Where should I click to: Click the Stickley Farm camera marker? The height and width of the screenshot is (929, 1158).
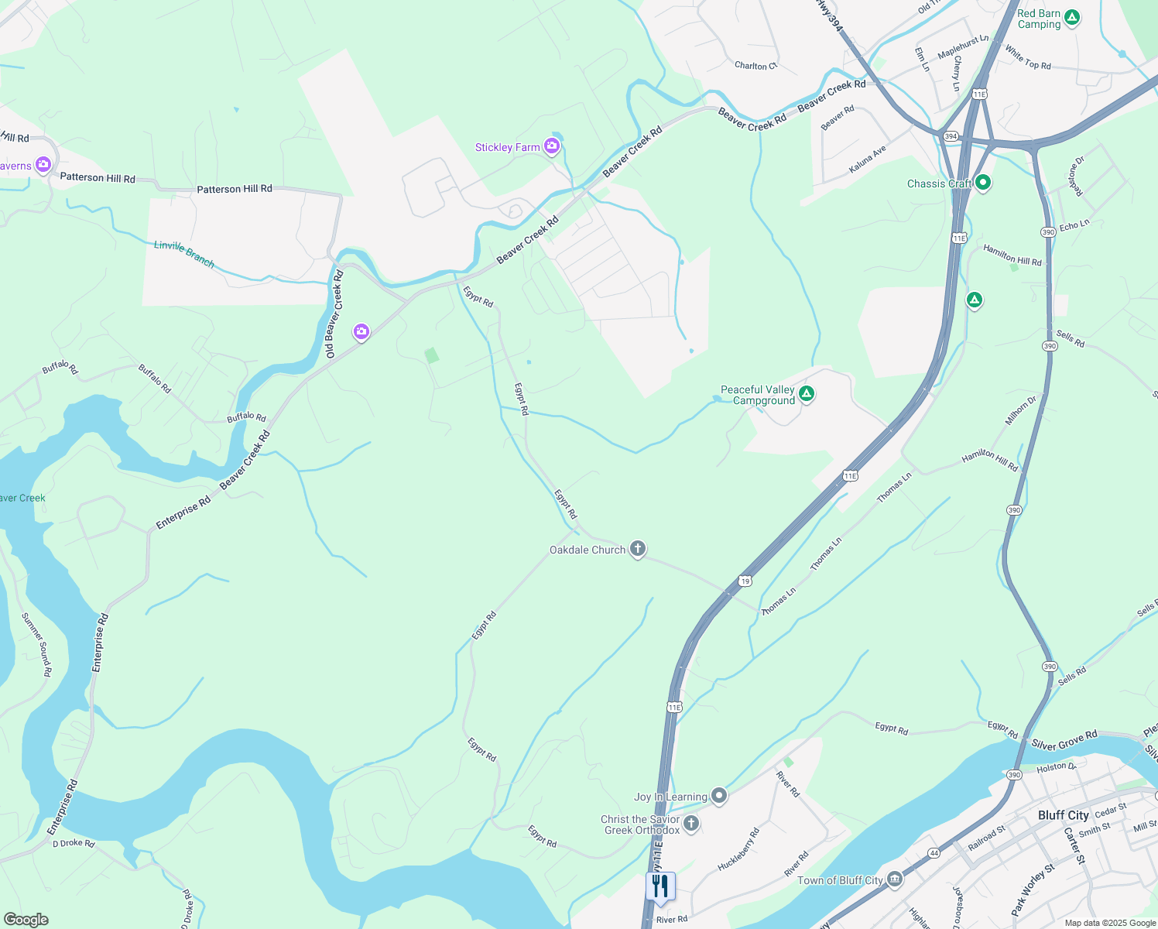point(552,146)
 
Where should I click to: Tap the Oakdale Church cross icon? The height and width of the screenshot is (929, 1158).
point(637,549)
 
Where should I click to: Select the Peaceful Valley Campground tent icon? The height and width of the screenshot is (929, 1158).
point(807,394)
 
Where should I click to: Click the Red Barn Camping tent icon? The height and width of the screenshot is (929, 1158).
point(1072,17)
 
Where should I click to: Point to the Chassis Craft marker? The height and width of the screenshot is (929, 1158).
point(983,183)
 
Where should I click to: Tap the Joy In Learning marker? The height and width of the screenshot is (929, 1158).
point(719,795)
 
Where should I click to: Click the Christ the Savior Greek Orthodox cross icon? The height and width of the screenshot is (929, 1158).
point(691,823)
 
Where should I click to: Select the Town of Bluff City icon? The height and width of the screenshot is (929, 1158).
point(895,879)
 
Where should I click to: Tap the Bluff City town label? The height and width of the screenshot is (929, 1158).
point(1063,815)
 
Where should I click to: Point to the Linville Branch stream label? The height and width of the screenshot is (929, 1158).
point(184,253)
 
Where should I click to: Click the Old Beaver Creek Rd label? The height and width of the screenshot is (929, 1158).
point(334,314)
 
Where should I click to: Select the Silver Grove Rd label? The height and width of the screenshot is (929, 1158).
point(1064,740)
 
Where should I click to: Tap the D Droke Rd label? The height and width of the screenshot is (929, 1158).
point(74,843)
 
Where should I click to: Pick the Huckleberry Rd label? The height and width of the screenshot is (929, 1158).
point(739,849)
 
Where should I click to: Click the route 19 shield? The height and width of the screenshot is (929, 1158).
point(745,581)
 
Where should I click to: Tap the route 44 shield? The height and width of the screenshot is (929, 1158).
point(934,852)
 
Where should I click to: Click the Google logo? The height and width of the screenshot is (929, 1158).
point(26,919)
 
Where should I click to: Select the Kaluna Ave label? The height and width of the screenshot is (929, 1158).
point(867,159)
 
